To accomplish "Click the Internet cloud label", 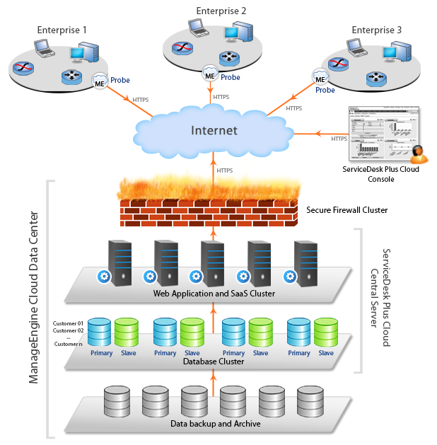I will [x=213, y=130].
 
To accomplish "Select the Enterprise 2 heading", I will [x=221, y=11].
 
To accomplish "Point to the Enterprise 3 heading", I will [x=376, y=30].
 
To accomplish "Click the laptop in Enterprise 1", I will [x=45, y=48].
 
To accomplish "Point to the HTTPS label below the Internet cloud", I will [x=225, y=171].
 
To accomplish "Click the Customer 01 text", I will [x=69, y=323].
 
